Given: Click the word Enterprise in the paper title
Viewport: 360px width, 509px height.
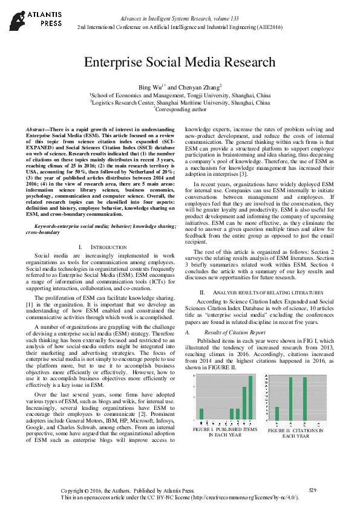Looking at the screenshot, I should coord(112,62).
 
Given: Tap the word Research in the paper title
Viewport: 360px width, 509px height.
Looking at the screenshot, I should coord(249,62).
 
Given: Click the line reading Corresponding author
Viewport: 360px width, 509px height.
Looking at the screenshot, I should coord(180,111).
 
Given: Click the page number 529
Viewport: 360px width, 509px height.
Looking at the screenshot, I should coord(313,489).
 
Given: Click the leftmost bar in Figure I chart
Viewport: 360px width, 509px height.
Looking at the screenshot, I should coord(201,413).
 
